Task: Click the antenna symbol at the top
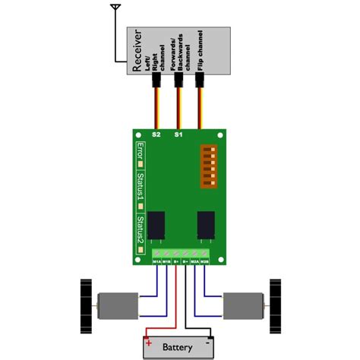click(115, 8)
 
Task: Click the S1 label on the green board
click(178, 134)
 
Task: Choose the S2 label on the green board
click(156, 134)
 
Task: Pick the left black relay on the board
click(156, 225)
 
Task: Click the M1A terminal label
click(156, 261)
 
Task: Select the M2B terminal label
click(205, 261)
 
